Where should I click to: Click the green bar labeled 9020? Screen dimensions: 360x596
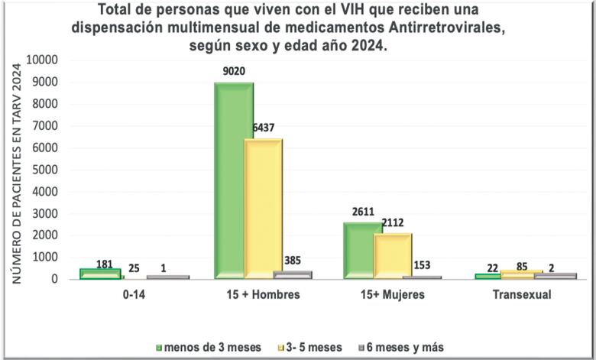234,180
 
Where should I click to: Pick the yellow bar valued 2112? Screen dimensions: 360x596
393,255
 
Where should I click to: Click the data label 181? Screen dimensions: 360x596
105,264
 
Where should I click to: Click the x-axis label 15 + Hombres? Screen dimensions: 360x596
263,295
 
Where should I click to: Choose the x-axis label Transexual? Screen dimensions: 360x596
522,295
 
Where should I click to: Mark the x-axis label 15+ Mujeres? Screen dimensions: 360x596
393,295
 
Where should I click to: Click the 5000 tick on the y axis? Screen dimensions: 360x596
45,170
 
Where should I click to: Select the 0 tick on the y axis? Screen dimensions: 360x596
54,279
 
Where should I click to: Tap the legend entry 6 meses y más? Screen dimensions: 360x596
403,346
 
